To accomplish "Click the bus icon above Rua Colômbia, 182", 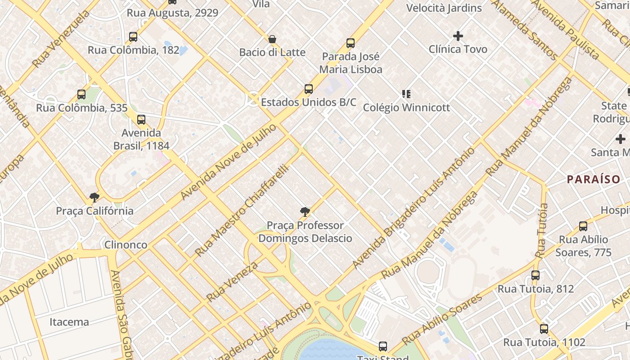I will pos(133,37).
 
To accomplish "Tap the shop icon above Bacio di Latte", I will pos(272,39).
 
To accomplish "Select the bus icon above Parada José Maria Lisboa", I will pos(351,43).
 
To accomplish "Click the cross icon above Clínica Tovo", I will pos(458,36).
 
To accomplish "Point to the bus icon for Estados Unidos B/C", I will pos(308,89).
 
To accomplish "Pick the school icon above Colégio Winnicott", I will pos(406,94).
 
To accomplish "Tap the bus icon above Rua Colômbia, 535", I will pos(81,94).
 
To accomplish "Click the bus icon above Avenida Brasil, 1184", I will pos(141,120).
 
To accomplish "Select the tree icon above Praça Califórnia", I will pos(94,197).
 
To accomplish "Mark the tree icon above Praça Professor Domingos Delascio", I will pos(305,211).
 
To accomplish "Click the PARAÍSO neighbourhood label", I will pos(594,179).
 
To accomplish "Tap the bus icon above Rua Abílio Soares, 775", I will pos(583,226).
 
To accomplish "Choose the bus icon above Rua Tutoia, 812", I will pos(535,275).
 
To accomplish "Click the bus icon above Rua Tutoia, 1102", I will pos(544,329).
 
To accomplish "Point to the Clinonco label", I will pos(126,245).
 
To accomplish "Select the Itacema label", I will pos(69,322).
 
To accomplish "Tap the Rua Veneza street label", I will pos(232,282).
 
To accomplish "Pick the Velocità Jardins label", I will pos(444,8).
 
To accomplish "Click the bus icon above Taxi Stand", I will pos(383,346).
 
